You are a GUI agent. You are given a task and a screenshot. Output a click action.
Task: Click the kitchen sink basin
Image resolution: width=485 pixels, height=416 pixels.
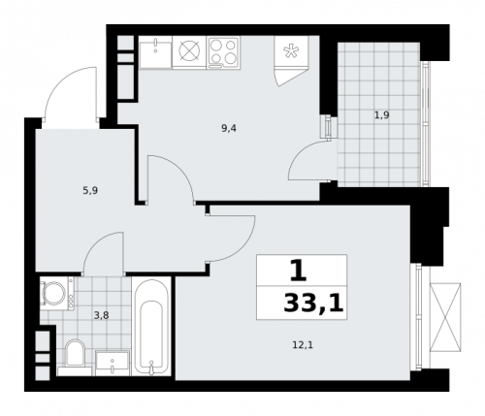pos(153,52)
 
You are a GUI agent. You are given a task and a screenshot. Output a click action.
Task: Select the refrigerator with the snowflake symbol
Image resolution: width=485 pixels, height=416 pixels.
pos(289,59)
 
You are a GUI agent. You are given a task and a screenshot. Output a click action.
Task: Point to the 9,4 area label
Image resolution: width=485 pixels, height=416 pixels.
pos(229,126)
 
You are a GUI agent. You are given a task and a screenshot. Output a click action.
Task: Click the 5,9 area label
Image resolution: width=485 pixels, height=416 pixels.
pos(89,190)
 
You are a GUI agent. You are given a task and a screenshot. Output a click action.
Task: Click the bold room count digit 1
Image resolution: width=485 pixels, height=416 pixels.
pos(296,270)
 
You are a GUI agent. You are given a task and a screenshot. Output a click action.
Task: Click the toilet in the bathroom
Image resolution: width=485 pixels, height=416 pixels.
pos(75,357)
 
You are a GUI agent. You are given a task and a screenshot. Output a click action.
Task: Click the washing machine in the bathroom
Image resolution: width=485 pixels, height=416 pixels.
pos(53,294)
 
